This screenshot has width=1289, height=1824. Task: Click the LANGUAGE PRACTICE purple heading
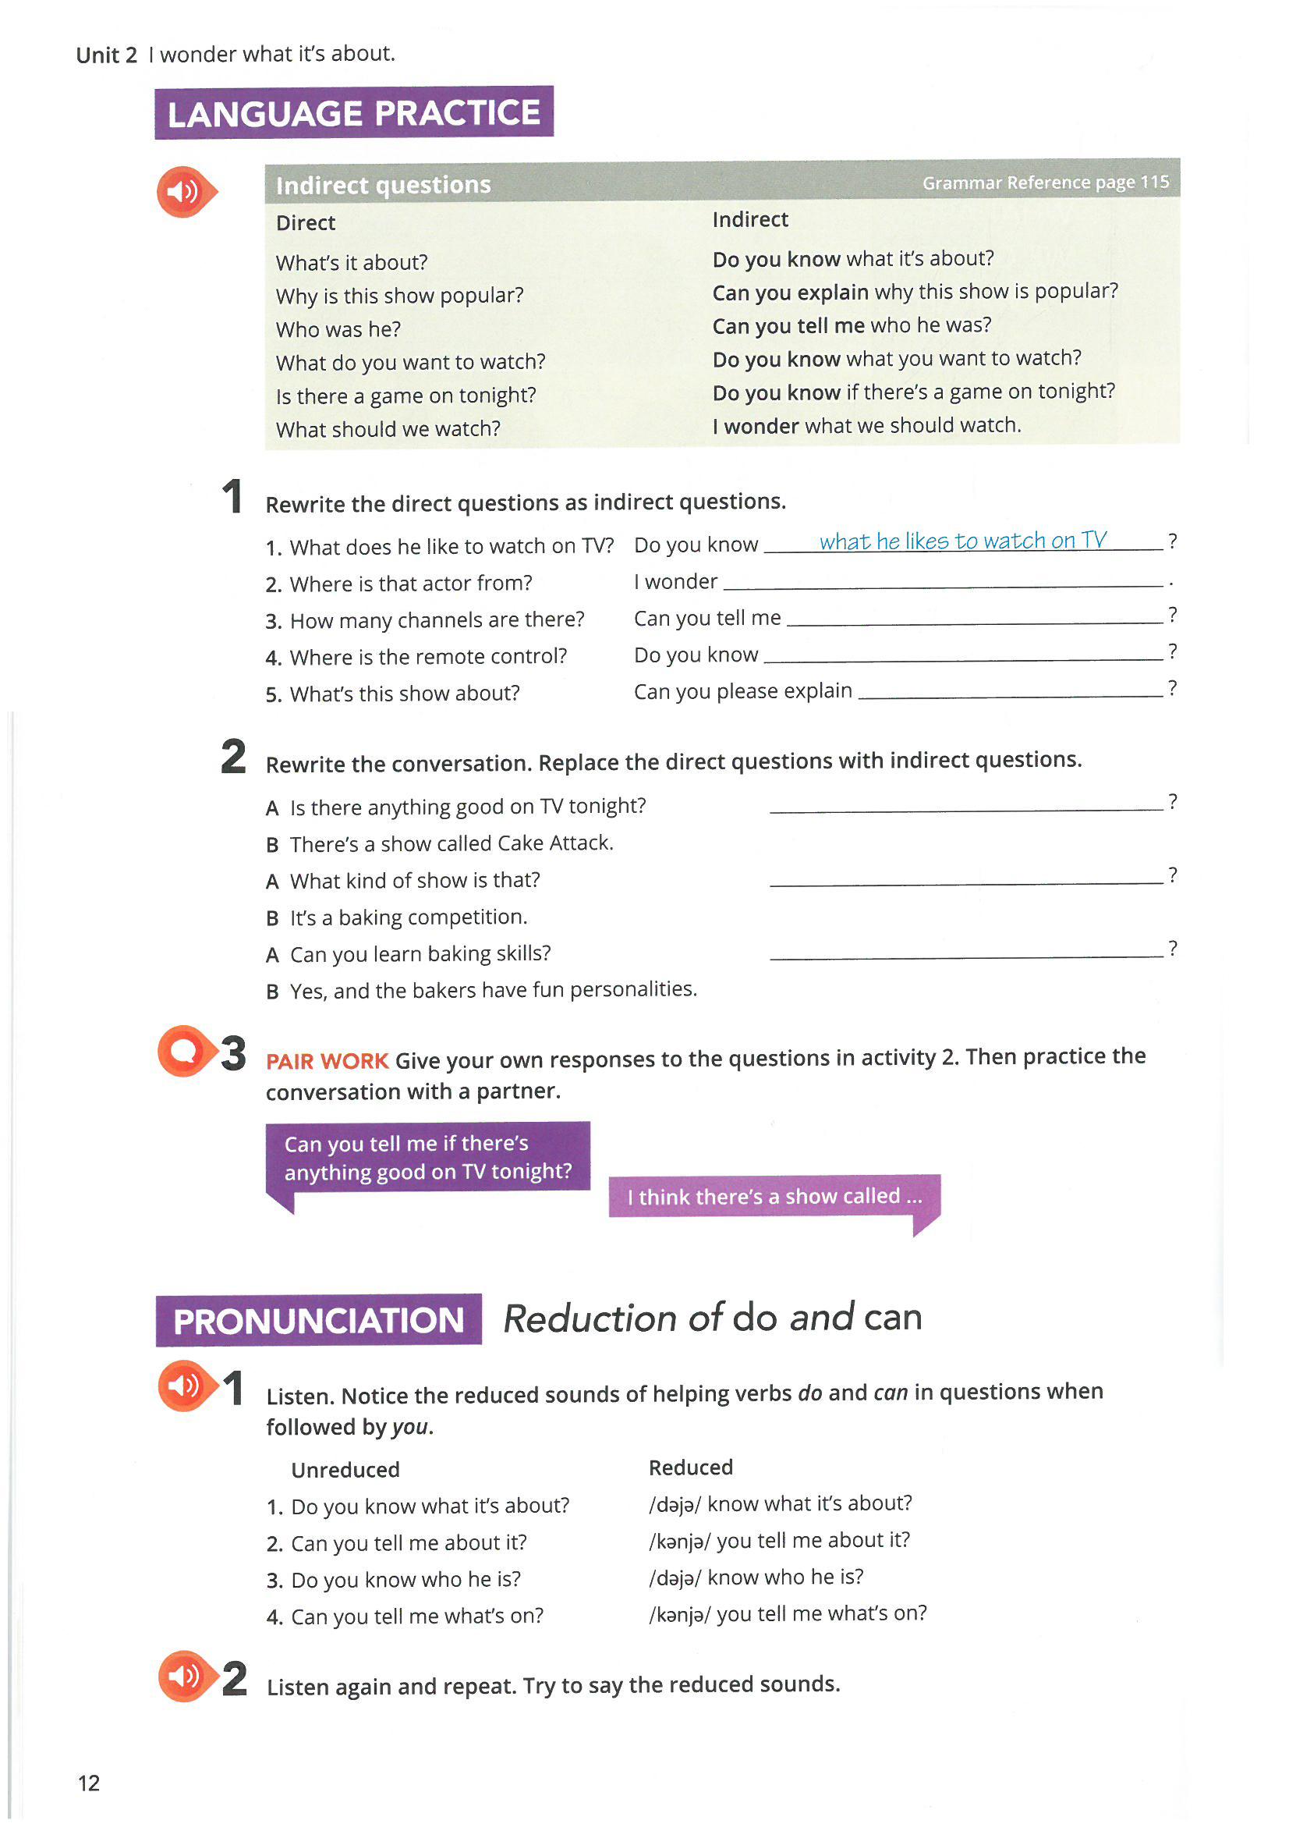pyautogui.click(x=353, y=113)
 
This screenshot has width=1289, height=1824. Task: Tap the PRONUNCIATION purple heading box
pyautogui.click(x=318, y=1321)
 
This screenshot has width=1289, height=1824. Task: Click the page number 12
pyautogui.click(x=89, y=1783)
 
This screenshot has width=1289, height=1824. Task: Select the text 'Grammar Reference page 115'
pyautogui.click(x=1045, y=183)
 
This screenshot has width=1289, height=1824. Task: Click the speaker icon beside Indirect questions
pyautogui.click(x=184, y=191)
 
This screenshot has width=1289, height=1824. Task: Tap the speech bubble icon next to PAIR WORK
pyautogui.click(x=184, y=1051)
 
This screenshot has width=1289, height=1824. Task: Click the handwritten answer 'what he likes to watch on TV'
pyautogui.click(x=962, y=541)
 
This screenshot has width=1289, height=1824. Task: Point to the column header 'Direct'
pyautogui.click(x=306, y=223)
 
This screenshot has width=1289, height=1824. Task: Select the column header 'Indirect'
pyautogui.click(x=749, y=220)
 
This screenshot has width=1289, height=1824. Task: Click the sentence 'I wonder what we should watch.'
pyautogui.click(x=866, y=426)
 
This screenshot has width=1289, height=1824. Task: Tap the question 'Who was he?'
pyautogui.click(x=338, y=329)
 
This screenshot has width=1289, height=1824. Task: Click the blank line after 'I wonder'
pyautogui.click(x=943, y=584)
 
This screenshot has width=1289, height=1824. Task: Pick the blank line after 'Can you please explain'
pyautogui.click(x=1011, y=694)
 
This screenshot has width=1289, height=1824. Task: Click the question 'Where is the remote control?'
pyautogui.click(x=428, y=657)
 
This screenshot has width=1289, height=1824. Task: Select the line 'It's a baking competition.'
pyautogui.click(x=409, y=917)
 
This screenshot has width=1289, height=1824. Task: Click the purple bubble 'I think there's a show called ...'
pyautogui.click(x=774, y=1197)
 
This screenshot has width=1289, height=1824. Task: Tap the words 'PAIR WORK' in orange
pyautogui.click(x=327, y=1060)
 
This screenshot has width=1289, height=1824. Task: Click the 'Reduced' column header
pyautogui.click(x=690, y=1467)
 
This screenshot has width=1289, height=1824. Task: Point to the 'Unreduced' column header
pyautogui.click(x=345, y=1470)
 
